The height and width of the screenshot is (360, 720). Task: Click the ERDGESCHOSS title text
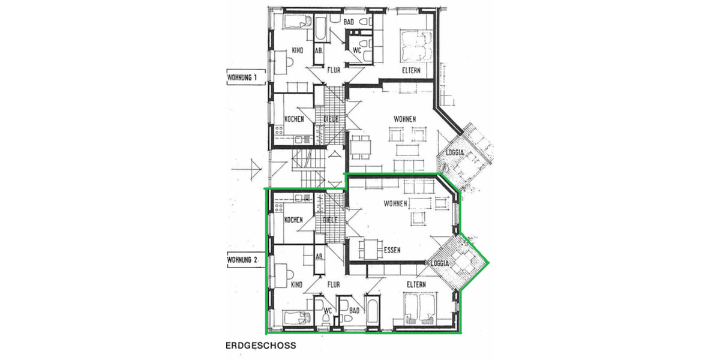click(x=260, y=346)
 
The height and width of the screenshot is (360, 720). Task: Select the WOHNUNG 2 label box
click(x=242, y=260)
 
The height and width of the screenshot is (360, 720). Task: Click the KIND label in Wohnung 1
click(x=298, y=50)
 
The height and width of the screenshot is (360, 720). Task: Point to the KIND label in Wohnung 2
click(x=296, y=284)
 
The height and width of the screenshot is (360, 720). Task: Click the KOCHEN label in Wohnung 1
click(x=294, y=119)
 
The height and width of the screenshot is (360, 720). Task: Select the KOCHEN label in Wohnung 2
click(x=293, y=220)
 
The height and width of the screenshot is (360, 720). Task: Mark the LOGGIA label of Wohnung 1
click(x=454, y=152)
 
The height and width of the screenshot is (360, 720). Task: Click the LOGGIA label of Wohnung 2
click(x=441, y=263)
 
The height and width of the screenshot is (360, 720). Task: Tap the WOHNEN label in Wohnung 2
click(x=395, y=204)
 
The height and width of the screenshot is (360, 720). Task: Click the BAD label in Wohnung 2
click(x=354, y=310)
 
